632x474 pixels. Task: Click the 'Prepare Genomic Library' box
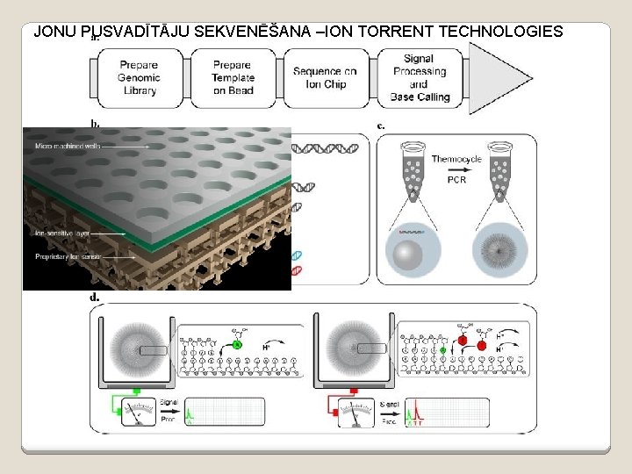pos(140,77)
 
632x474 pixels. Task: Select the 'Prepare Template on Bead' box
pos(232,77)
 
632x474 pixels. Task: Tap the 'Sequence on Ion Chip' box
pos(325,77)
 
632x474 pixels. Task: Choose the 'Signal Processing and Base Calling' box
pos(419,77)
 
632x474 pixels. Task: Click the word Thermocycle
pos(456,160)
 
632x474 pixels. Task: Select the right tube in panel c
pos(501,170)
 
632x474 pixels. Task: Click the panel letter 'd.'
pos(94,297)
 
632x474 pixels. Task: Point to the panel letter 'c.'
pos(381,126)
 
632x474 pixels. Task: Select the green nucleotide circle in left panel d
pos(237,346)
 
